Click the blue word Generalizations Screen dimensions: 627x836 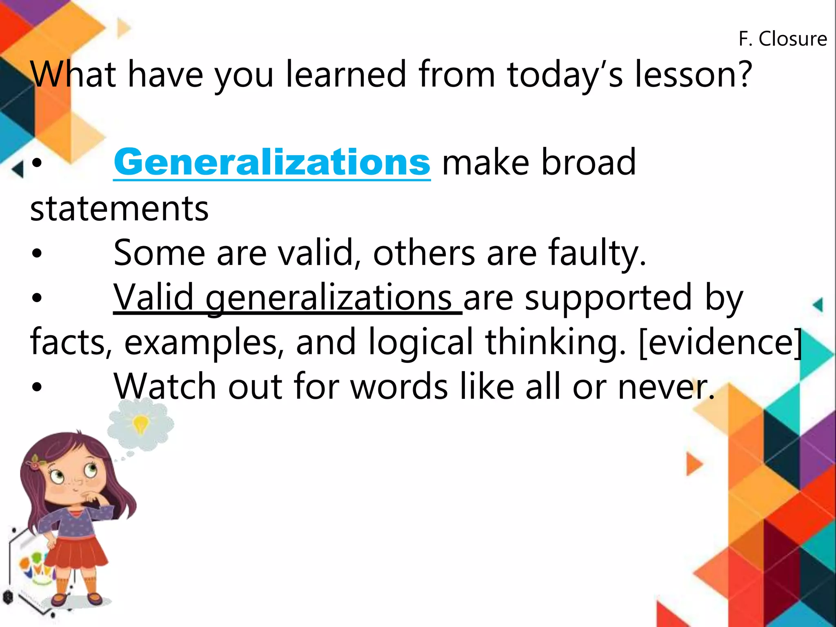[272, 162]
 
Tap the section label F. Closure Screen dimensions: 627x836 [783, 39]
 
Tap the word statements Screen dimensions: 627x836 [119, 209]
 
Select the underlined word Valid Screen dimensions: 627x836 [153, 297]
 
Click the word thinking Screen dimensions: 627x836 [555, 342]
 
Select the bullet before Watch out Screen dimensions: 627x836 [37, 387]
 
